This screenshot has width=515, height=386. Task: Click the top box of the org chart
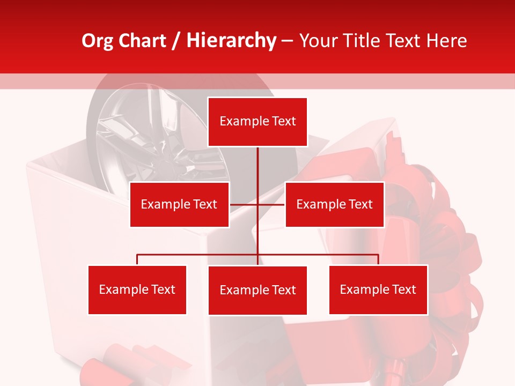click(x=257, y=122)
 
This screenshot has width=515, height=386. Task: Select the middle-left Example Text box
click(x=179, y=204)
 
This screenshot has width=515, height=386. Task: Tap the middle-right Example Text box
click(x=334, y=204)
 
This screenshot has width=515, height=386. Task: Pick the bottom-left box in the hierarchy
click(x=137, y=289)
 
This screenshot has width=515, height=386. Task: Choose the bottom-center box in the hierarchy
click(x=257, y=290)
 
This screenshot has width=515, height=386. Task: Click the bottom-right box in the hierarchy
click(x=378, y=289)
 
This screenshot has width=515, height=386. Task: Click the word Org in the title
click(x=97, y=41)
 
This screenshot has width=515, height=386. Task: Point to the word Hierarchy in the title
click(x=231, y=41)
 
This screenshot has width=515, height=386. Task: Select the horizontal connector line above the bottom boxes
click(x=198, y=255)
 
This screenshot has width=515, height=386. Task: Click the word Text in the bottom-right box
click(x=404, y=289)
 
